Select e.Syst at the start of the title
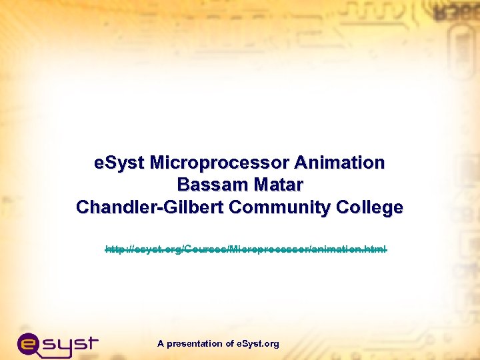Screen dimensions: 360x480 pos(120,163)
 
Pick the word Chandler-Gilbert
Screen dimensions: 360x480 pos(150,207)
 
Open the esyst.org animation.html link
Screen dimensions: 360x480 pos(246,249)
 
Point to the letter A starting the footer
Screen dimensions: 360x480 pos(161,344)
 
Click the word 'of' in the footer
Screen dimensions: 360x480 pos(230,344)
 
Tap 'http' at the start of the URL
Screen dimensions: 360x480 pos(115,249)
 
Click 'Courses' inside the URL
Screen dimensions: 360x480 pos(205,249)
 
